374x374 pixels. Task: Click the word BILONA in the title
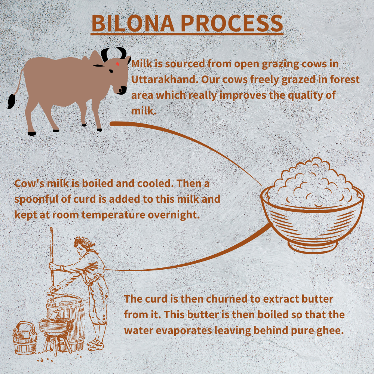point(133,23)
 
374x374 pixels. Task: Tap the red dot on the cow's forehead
point(117,64)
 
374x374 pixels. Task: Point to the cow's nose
point(123,90)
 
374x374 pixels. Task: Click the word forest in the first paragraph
point(345,79)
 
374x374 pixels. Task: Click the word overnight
point(174,215)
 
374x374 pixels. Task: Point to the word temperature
point(113,215)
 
